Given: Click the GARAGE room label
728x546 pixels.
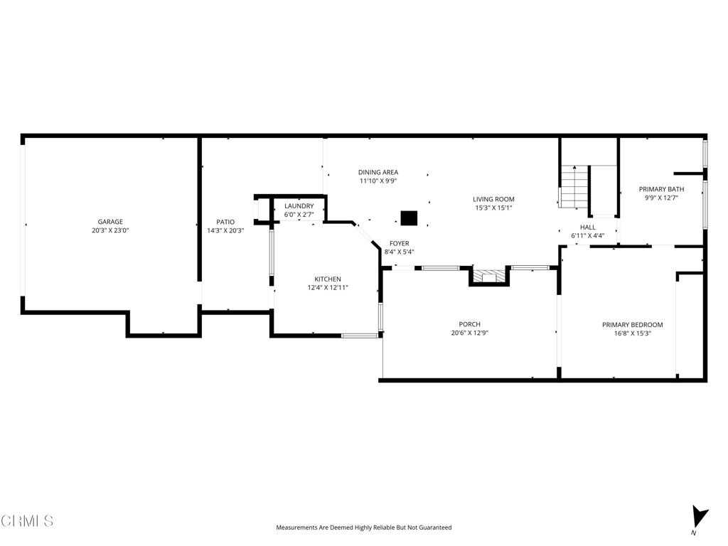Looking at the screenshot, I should pos(110,222).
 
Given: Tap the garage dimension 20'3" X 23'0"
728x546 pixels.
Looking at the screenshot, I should pos(110,230).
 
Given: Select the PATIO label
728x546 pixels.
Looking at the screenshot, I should pos(225,222).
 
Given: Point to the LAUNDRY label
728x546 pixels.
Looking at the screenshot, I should pos(299,206).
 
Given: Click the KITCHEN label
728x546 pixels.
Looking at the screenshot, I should pos(328,279).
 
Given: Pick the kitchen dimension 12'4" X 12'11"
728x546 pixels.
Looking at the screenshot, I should pos(328,288).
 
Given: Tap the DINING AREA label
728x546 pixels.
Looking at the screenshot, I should pos(378,172).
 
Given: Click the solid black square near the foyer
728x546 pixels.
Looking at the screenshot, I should pos(409,218).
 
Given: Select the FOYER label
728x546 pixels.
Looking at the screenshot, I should pos(399,243).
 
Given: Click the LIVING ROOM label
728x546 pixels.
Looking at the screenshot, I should pos(494,199).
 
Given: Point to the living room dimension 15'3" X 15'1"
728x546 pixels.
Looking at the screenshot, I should pos(494,208).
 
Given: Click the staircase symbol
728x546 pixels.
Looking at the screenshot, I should pos(574,187).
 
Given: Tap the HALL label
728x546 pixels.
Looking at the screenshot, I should pos(588,227).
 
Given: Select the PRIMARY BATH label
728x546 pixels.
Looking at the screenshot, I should pos(661,189).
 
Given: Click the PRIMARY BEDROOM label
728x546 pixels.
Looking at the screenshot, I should pos(632,325).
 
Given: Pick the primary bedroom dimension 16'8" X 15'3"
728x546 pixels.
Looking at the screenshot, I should pos(632,333).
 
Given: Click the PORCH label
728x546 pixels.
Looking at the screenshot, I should pos(470,324).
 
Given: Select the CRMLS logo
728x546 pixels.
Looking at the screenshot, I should pos(27,521).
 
